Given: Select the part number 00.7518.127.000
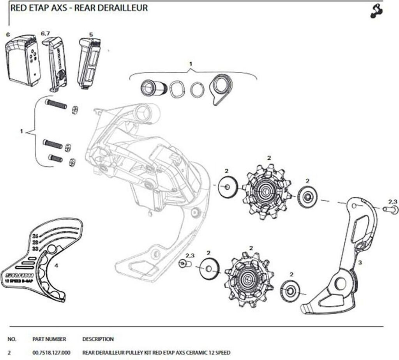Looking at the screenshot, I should point(49,353).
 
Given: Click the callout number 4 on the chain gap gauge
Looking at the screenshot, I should point(56,266).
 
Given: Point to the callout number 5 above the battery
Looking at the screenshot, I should point(91,34).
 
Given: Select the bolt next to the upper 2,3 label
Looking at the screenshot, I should point(390,210).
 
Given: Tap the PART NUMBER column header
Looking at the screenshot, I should point(49,339).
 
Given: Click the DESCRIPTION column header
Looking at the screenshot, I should point(98,339).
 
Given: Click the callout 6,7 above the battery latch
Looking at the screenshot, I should point(45,34).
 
